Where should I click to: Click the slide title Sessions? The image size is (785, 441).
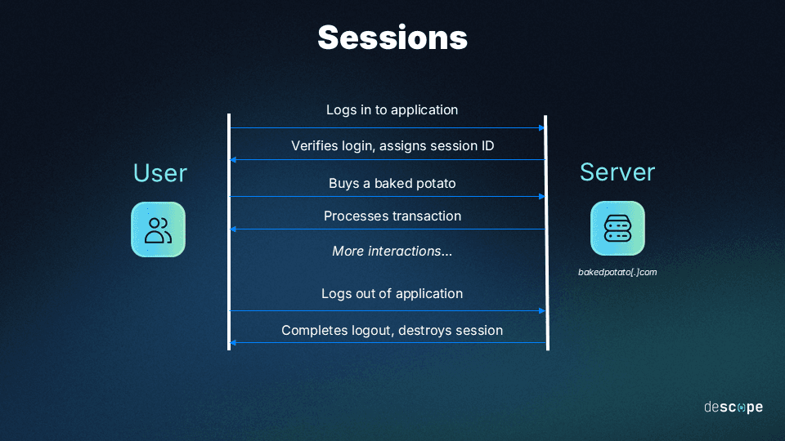392,38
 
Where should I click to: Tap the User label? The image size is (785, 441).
159,173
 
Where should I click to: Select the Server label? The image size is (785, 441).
617,172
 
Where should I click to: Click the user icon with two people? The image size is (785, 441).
158,229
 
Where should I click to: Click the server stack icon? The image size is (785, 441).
617,229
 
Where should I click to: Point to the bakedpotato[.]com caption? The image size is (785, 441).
617,272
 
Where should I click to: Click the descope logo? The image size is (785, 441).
733,407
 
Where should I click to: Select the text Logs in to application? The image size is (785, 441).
392,109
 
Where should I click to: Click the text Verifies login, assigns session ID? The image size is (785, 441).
392,145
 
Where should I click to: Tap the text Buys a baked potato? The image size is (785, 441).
392,183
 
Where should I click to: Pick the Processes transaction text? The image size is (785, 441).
392,216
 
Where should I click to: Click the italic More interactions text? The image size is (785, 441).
392,251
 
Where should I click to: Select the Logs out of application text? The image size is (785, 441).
392,293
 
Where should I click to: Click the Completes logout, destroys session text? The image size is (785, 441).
392,330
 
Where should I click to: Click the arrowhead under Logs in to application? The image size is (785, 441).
541,128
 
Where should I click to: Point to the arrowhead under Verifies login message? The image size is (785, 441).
234,160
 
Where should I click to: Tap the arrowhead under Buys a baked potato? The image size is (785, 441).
541,197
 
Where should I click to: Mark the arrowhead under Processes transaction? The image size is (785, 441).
234,229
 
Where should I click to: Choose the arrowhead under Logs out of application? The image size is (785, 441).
541,311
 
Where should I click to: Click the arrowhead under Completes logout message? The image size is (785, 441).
234,343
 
